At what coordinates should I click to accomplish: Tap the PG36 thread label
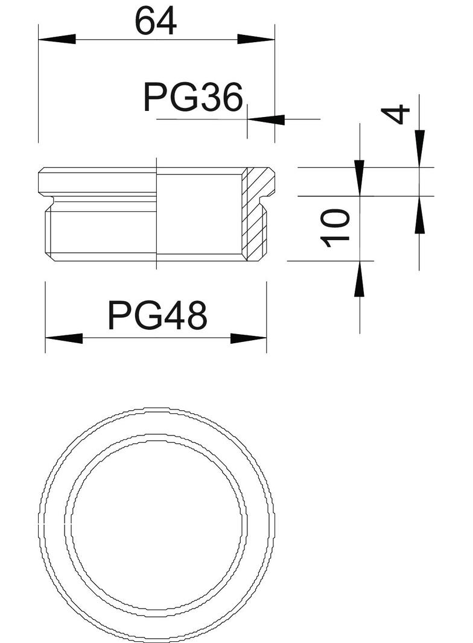click(193, 97)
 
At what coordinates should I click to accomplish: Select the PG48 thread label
click(157, 315)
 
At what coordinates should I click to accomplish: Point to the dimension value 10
click(336, 228)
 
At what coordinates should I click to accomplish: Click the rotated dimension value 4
click(395, 115)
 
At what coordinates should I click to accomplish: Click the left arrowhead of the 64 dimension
click(57, 39)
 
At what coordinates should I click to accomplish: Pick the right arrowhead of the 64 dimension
click(256, 39)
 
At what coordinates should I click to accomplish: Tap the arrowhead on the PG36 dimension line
click(266, 119)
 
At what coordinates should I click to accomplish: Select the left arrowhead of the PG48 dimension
click(63, 338)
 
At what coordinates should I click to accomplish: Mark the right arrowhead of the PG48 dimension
click(249, 338)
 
